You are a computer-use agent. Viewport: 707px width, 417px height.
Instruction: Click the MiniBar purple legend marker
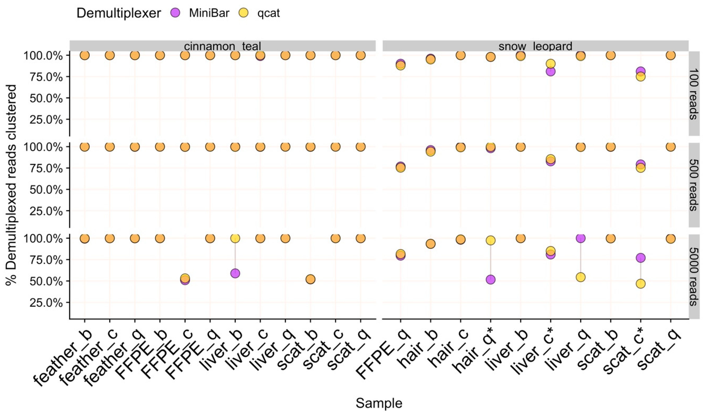175,13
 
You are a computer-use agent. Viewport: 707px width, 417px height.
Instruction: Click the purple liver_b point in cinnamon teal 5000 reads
235,273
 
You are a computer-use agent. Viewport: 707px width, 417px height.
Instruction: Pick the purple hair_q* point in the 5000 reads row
490,280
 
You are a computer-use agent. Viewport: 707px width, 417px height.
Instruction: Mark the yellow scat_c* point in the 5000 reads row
640,284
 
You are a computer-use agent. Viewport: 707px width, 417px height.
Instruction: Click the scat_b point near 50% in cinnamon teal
310,279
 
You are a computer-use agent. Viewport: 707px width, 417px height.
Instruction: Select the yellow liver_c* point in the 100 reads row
550,63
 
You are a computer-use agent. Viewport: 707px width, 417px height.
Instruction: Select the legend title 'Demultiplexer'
119,13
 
